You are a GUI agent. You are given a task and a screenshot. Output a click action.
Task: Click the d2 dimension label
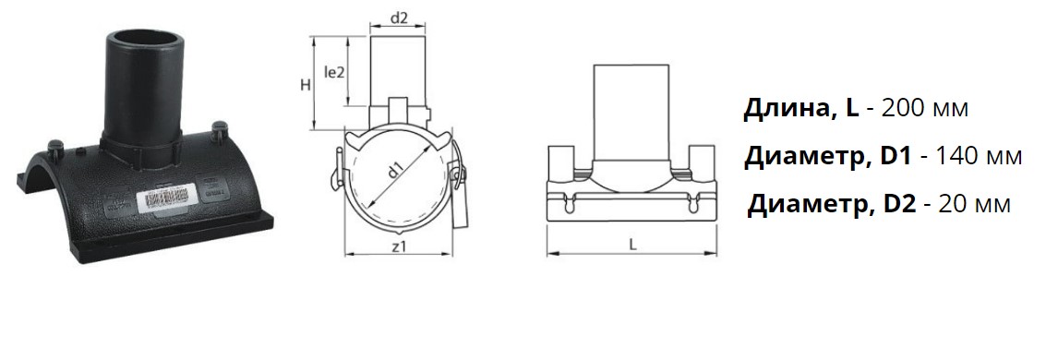pos(399,18)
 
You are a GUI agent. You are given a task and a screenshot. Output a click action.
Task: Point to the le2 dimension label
pos(334,72)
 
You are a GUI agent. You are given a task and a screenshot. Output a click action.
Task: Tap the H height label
pos(305,85)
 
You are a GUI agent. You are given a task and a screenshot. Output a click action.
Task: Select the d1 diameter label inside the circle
pos(396,171)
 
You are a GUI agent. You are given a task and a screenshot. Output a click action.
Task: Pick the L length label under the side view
pos(632,244)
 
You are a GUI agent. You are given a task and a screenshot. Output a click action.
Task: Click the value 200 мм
pos(924,108)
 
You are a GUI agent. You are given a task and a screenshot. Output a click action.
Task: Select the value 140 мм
pos(980,156)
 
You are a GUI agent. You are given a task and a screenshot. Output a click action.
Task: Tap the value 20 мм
pos(975,203)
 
